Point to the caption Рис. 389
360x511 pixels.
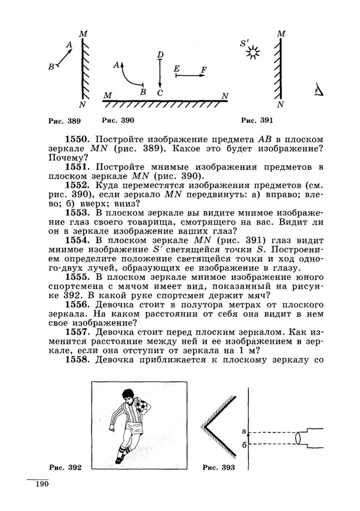pyautogui.click(x=64, y=121)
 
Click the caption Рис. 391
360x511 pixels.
pyautogui.click(x=257, y=120)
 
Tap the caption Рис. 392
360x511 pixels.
pyautogui.click(x=65, y=468)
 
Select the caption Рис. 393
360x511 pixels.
pyautogui.click(x=219, y=468)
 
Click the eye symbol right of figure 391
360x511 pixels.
pyautogui.click(x=319, y=90)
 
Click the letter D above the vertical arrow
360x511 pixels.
pyautogui.click(x=160, y=54)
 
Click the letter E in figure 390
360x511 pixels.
pyautogui.click(x=177, y=69)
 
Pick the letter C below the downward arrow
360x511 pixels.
pyautogui.click(x=160, y=93)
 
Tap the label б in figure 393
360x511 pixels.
pyautogui.click(x=244, y=445)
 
